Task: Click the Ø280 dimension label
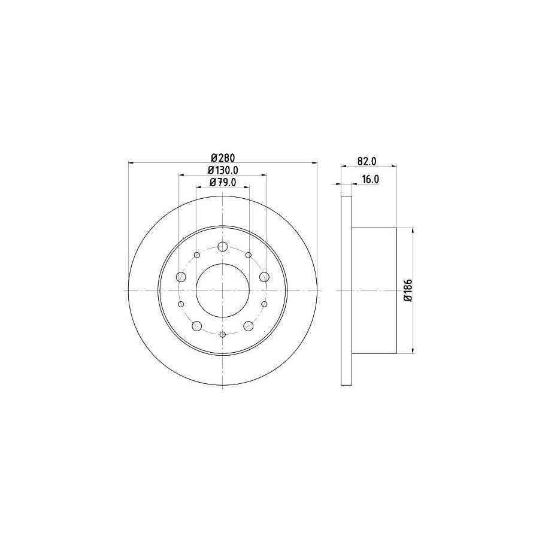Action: (x=222, y=158)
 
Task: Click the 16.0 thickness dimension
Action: (x=370, y=179)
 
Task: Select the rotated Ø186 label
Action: (x=407, y=290)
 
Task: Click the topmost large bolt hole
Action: (x=223, y=247)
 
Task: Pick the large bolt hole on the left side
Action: (x=181, y=277)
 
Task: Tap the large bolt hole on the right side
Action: (x=264, y=277)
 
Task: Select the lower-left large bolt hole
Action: (x=197, y=326)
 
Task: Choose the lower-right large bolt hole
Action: (x=249, y=326)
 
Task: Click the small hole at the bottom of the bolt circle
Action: (x=223, y=334)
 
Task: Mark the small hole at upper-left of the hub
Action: (x=197, y=255)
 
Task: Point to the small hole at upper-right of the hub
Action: (x=249, y=255)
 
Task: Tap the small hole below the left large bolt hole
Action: (x=181, y=304)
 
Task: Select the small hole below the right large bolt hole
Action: (x=265, y=304)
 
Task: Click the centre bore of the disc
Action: (x=223, y=290)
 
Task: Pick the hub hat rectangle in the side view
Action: (x=374, y=290)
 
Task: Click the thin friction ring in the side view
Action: (x=346, y=290)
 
